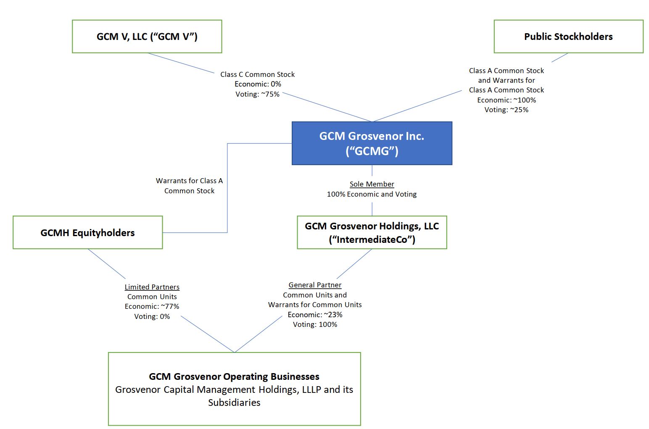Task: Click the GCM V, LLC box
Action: (x=147, y=37)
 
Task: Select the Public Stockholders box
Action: (x=568, y=37)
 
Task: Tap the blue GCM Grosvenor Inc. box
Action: (x=372, y=143)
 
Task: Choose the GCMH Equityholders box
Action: (x=87, y=233)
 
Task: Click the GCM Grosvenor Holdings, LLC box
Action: (x=372, y=232)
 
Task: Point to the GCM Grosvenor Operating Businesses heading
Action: (x=234, y=376)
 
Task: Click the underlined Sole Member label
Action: (x=372, y=184)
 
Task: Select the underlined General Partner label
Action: (x=315, y=285)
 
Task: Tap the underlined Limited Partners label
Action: (x=152, y=287)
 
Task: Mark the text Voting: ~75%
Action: (x=257, y=94)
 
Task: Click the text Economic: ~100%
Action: (x=507, y=100)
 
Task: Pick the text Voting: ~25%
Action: (x=507, y=110)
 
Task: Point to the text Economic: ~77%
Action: (x=152, y=306)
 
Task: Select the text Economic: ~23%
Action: (x=315, y=315)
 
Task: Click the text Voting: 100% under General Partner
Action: (x=315, y=324)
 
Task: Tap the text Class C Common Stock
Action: (x=257, y=74)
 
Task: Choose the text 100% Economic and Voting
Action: (x=372, y=194)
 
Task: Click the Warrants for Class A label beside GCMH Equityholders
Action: (x=189, y=181)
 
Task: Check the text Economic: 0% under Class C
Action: (x=257, y=84)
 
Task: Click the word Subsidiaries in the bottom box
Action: (x=234, y=403)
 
